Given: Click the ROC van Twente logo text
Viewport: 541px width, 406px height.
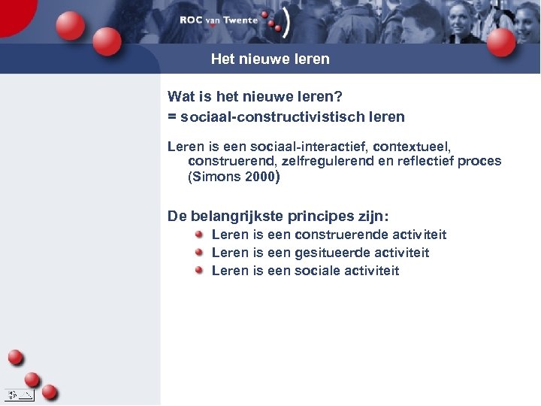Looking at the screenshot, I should tap(219, 20).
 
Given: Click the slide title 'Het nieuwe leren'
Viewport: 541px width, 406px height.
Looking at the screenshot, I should tap(270, 59).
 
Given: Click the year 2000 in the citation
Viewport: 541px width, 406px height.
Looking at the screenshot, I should tap(258, 177).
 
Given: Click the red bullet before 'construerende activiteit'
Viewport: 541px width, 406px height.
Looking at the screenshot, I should tap(199, 235).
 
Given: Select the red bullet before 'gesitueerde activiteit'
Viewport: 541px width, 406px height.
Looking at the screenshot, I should tap(199, 253).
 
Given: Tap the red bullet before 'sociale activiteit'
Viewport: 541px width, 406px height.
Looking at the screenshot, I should tap(199, 270).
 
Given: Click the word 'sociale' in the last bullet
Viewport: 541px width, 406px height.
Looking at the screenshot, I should tap(319, 271).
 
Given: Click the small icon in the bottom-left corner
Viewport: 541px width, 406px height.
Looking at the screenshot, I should tap(19, 394).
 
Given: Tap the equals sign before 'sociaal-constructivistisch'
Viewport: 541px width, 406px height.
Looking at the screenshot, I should tap(172, 117).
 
